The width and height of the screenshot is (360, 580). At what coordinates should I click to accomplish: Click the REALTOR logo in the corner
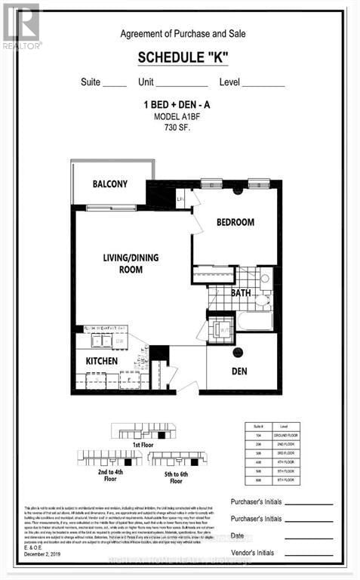21,25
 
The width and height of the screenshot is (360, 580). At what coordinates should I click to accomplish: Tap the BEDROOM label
235,222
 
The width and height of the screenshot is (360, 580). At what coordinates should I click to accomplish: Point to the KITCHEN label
101,361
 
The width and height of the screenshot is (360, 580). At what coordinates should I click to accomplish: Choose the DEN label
239,372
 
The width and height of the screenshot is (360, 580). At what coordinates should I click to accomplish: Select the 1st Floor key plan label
142,446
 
